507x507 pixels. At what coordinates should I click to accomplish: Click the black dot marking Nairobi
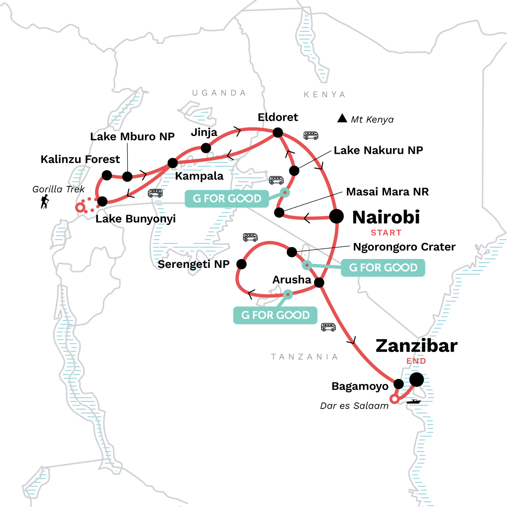point(336,216)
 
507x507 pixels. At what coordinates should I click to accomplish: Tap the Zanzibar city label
point(416,346)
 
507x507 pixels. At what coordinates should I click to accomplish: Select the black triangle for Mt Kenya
point(342,118)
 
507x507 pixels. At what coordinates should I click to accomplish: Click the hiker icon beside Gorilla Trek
point(44,202)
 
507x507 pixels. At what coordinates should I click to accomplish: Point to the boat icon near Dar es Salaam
point(414,401)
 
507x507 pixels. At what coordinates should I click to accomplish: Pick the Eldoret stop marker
point(278,133)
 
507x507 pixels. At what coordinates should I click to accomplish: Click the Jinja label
point(204,132)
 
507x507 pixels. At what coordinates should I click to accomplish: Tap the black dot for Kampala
point(173,163)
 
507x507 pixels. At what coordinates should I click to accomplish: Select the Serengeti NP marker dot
point(241,264)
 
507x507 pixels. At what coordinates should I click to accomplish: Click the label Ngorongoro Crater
point(404,247)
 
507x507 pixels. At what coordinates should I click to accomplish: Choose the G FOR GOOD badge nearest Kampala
point(227,199)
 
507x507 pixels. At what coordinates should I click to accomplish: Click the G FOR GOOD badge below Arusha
point(275,315)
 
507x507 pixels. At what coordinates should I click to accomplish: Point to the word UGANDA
point(219,93)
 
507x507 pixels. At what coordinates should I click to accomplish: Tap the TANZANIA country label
point(304,357)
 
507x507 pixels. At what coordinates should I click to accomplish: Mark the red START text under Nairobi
point(386,233)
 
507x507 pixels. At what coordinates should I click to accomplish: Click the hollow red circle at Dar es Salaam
point(394,399)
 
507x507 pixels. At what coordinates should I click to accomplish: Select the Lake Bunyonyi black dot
point(102,201)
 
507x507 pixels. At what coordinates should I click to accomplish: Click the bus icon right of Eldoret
point(311,136)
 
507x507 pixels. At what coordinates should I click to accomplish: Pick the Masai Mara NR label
point(387,192)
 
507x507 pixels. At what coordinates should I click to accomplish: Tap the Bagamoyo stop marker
point(398,384)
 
